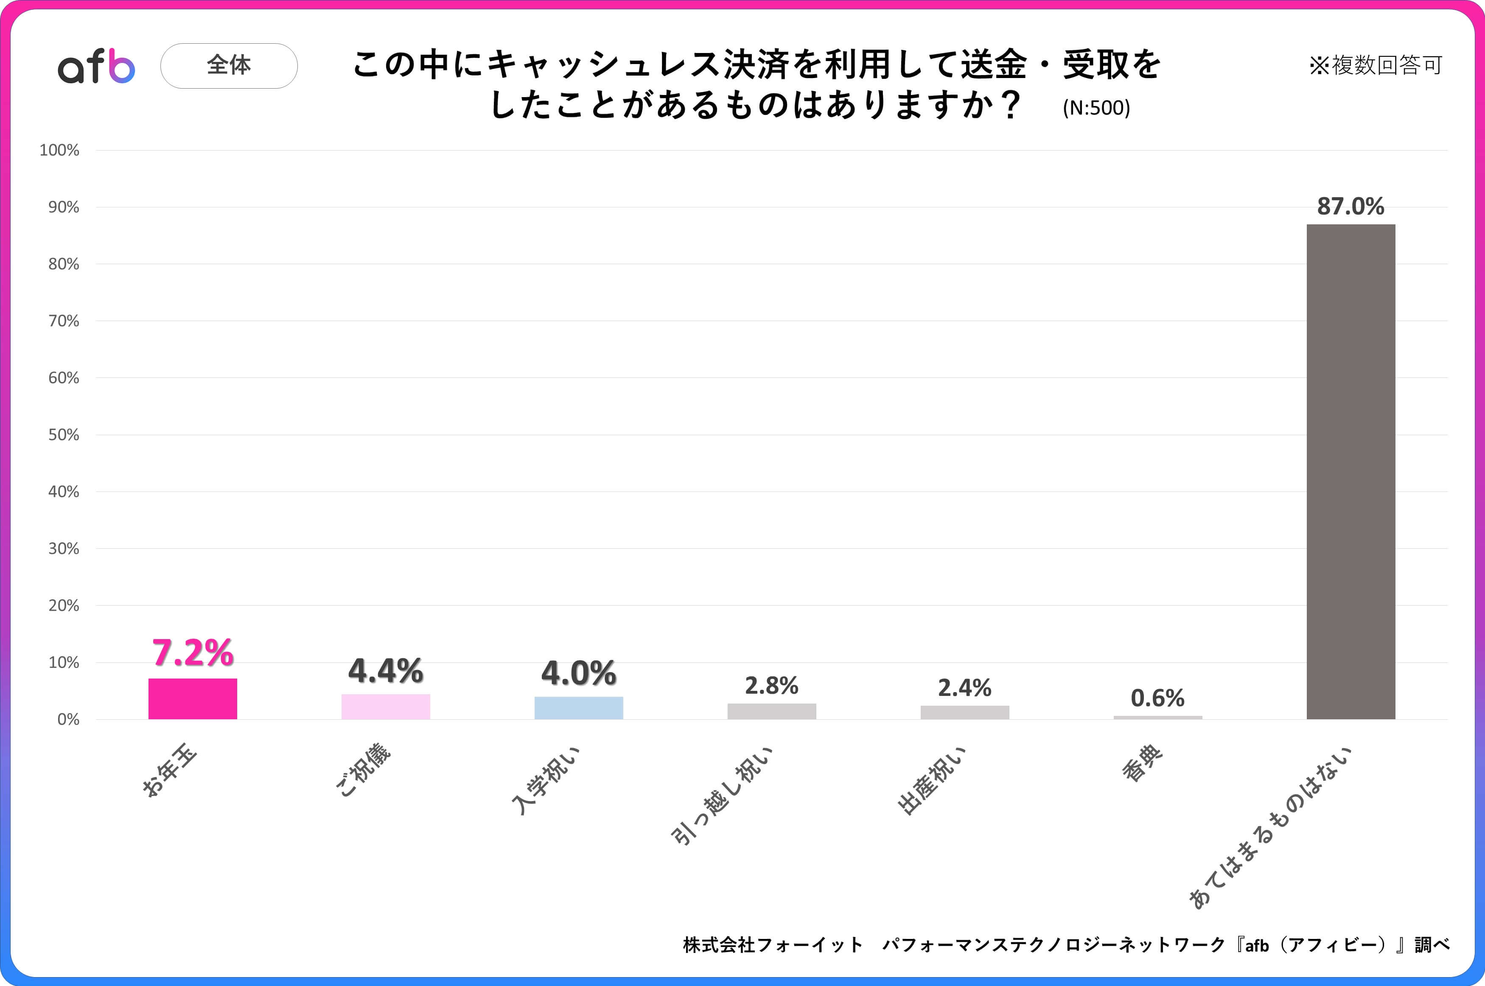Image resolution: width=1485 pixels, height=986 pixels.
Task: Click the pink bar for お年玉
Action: pos(193,698)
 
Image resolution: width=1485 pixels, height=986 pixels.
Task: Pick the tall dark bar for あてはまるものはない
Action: pos(1351,472)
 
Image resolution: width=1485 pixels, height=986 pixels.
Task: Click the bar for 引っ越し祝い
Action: pos(772,711)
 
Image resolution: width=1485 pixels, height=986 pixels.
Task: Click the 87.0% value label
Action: pos(1351,206)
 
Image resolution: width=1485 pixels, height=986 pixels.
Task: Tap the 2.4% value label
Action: pos(964,688)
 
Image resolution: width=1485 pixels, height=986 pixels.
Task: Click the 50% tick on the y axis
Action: pos(64,435)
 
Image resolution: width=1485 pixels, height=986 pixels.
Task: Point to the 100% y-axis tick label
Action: pos(59,150)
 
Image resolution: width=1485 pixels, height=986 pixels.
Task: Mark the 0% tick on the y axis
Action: pos(68,719)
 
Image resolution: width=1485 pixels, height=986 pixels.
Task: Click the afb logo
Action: pos(96,66)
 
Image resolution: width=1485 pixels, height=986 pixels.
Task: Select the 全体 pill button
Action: pos(229,65)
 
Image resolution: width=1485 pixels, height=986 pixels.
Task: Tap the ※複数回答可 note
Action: pos(1375,65)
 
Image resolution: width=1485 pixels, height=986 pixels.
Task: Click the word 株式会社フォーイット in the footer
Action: pos(772,944)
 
